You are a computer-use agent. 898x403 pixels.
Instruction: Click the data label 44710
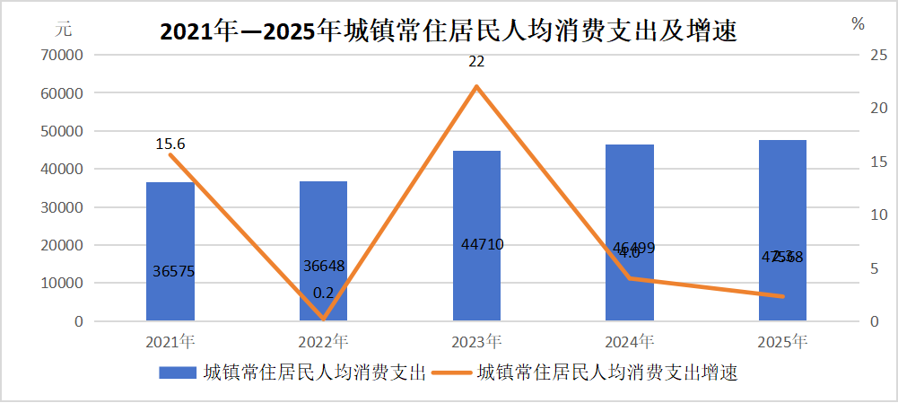click(476, 243)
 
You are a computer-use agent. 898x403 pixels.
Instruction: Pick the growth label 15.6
click(170, 144)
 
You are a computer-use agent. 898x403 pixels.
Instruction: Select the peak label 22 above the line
click(476, 62)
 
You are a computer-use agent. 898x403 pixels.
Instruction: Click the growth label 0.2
click(323, 293)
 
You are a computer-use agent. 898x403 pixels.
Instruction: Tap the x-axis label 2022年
click(323, 342)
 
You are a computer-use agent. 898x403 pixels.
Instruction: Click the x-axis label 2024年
click(630, 342)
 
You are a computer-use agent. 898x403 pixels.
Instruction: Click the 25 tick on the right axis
click(853, 56)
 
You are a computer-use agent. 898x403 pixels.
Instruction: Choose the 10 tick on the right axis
click(853, 215)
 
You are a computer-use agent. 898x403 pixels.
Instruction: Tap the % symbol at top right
click(859, 24)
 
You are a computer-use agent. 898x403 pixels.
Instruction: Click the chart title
click(449, 32)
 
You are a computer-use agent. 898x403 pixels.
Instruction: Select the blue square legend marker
click(177, 372)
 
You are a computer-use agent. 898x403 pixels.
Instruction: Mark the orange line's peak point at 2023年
click(476, 86)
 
